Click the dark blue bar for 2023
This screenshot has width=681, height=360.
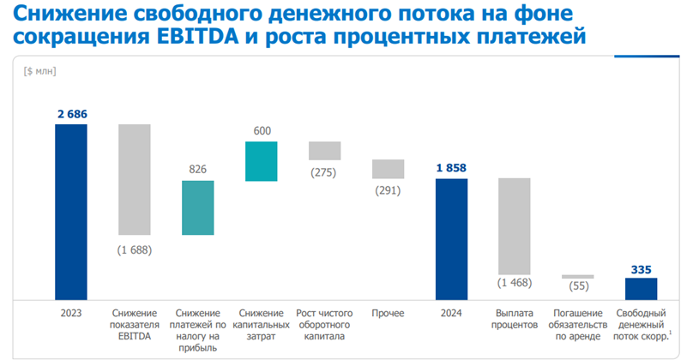70,212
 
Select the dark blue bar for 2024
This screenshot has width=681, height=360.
451,239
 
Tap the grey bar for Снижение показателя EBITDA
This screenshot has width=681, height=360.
135,179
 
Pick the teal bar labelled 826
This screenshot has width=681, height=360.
197,207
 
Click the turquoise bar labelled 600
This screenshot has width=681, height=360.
261,161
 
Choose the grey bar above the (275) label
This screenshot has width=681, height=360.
325,151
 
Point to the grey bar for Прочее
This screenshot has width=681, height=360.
388,169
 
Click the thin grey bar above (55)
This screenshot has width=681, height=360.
578,277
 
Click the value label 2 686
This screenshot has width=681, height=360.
70,113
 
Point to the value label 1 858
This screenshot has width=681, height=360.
451,167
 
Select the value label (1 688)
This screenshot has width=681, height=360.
135,249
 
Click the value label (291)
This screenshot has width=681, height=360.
388,189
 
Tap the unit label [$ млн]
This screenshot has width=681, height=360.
40,69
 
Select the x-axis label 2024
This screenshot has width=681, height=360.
451,313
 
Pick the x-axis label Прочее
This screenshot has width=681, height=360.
388,313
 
